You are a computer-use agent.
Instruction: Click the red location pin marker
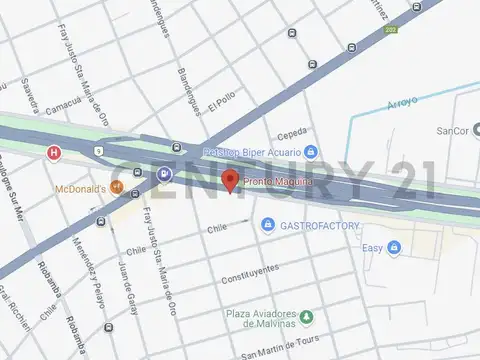click(230, 181)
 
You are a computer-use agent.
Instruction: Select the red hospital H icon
click(53, 152)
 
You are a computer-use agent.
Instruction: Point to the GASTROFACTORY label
click(319, 226)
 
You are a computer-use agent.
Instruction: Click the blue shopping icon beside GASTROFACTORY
click(267, 226)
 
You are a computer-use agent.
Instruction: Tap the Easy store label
click(372, 247)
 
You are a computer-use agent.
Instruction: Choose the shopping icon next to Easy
click(394, 247)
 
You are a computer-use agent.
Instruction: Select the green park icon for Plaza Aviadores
click(307, 318)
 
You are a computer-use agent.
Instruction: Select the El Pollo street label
click(221, 104)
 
